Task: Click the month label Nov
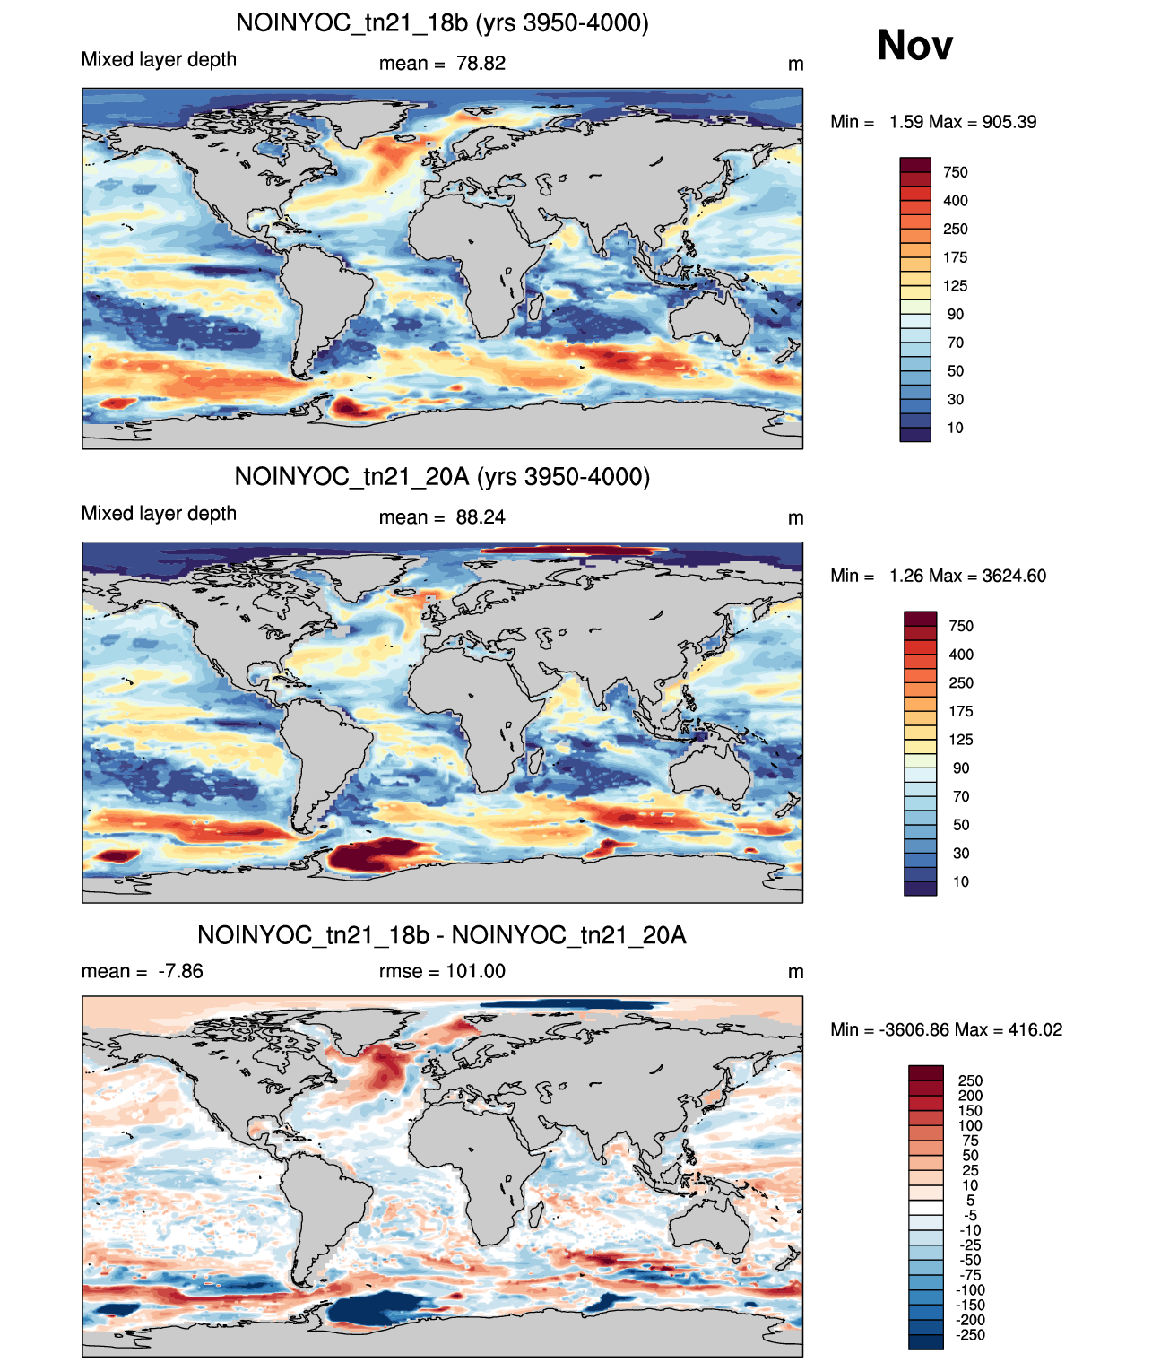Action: pyautogui.click(x=914, y=45)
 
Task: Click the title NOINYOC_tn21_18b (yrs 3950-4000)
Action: pyautogui.click(x=442, y=23)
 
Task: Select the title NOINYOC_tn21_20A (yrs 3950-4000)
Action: pyautogui.click(x=442, y=476)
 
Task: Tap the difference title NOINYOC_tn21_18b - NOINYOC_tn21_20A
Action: pyautogui.click(x=441, y=935)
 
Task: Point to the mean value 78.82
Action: pyautogui.click(x=481, y=64)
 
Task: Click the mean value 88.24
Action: pyautogui.click(x=481, y=517)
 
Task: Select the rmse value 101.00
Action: pyautogui.click(x=475, y=971)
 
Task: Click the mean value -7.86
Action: pyautogui.click(x=180, y=971)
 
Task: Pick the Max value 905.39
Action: pyautogui.click(x=1009, y=122)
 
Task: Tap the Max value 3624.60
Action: pyautogui.click(x=1014, y=576)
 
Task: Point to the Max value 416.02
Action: pyautogui.click(x=1035, y=1030)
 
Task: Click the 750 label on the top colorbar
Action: pyautogui.click(x=955, y=173)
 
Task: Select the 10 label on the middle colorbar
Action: pyautogui.click(x=961, y=881)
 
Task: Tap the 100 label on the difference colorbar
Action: pyautogui.click(x=970, y=1126)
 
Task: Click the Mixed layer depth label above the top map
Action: pyautogui.click(x=159, y=60)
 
